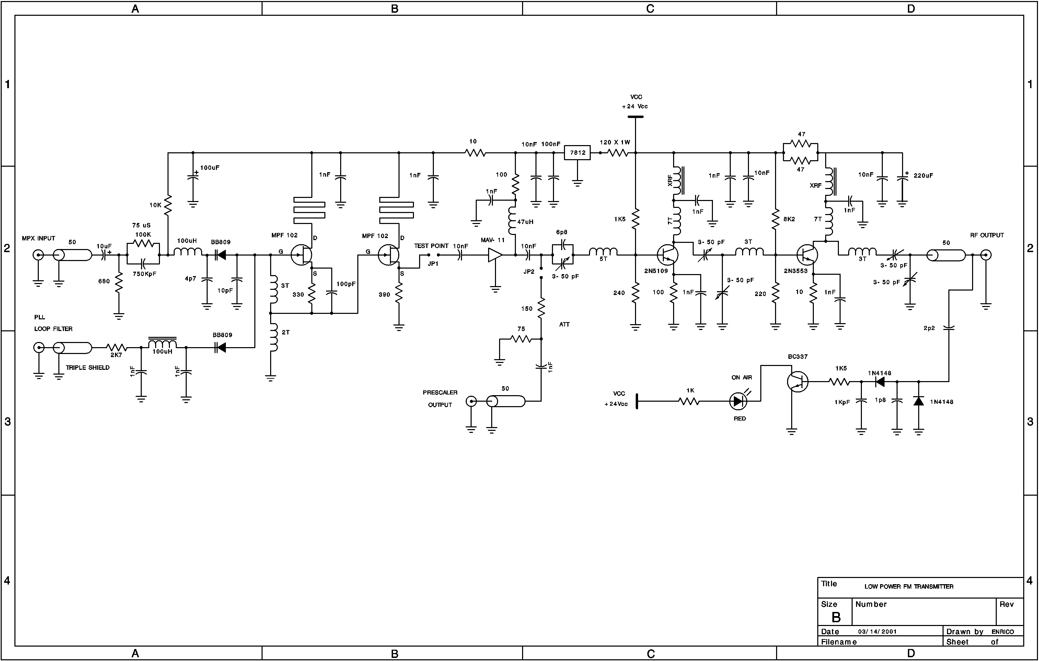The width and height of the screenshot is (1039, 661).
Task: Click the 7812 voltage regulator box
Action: coord(577,153)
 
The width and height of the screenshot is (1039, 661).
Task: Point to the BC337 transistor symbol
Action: coord(797,381)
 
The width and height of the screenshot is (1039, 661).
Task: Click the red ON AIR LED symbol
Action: coord(738,401)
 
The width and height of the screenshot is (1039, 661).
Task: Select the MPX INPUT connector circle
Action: coord(38,255)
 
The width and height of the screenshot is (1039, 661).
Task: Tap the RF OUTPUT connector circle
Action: coord(985,255)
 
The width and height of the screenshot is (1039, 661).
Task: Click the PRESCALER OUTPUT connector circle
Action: coord(472,401)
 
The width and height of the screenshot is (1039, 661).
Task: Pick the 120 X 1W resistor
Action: coord(618,153)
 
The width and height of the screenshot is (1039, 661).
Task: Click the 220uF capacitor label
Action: coord(923,176)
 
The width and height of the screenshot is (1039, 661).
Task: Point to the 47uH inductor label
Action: coord(525,222)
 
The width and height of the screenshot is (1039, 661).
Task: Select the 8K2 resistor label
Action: coord(789,219)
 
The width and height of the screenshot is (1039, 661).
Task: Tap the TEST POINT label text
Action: coord(431,246)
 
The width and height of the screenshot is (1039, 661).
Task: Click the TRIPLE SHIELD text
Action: coord(88,368)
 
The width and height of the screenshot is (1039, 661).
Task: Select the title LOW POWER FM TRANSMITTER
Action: coord(909,587)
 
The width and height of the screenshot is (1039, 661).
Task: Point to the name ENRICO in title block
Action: coord(1002,632)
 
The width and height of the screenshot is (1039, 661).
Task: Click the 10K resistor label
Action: coord(155,205)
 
